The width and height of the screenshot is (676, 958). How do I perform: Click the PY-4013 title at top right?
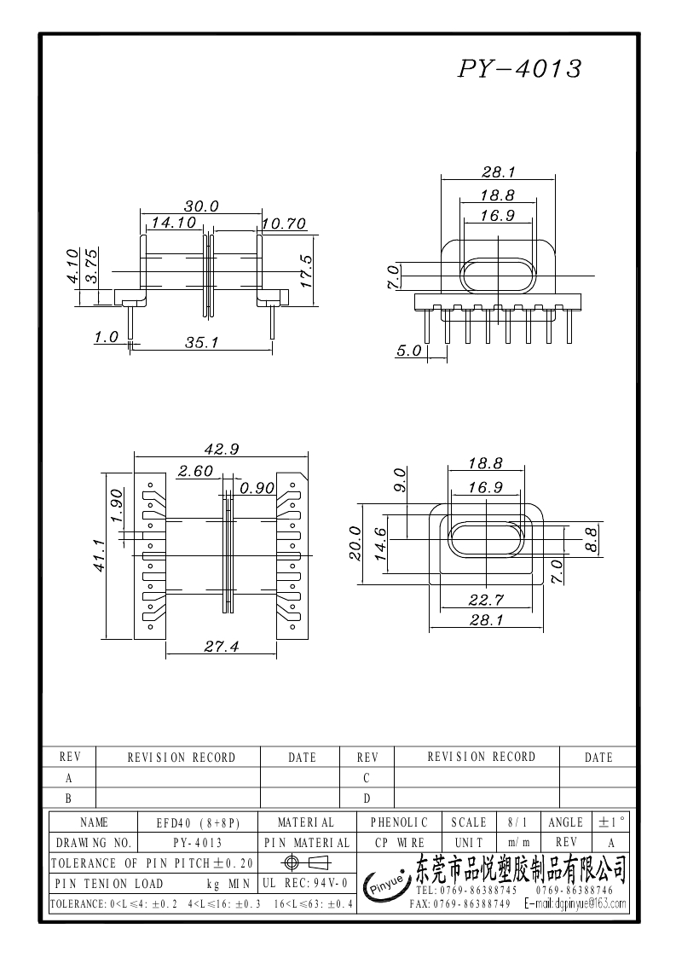(520, 68)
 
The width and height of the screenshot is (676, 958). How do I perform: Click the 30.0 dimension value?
(201, 206)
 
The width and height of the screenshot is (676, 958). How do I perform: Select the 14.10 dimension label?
(174, 223)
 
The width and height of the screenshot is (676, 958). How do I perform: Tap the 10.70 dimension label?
(284, 224)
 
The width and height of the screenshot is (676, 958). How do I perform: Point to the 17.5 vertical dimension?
(306, 271)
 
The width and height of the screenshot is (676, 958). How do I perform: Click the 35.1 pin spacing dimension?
(202, 343)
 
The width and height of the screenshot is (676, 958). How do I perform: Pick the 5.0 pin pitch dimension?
(408, 351)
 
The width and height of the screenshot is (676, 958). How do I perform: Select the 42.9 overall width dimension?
(221, 449)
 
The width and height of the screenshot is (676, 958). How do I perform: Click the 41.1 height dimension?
(100, 554)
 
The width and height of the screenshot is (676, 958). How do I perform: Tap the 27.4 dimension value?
(221, 646)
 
